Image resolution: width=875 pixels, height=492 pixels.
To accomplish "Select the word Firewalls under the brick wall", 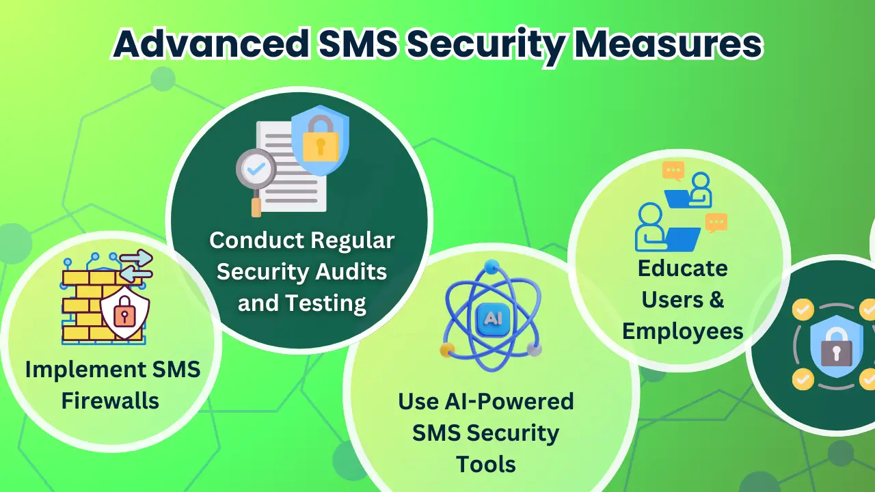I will point(110,400).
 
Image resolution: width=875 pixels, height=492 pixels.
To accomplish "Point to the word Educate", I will point(682,268).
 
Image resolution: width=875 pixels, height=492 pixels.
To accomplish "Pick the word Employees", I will point(682,331).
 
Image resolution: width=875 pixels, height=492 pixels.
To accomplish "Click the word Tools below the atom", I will point(486,464).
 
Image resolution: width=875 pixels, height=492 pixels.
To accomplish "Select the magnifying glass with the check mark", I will point(256,171).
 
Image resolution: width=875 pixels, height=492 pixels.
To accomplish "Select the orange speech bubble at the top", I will point(673,171).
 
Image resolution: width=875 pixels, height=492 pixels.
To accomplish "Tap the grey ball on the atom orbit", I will point(535,349).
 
